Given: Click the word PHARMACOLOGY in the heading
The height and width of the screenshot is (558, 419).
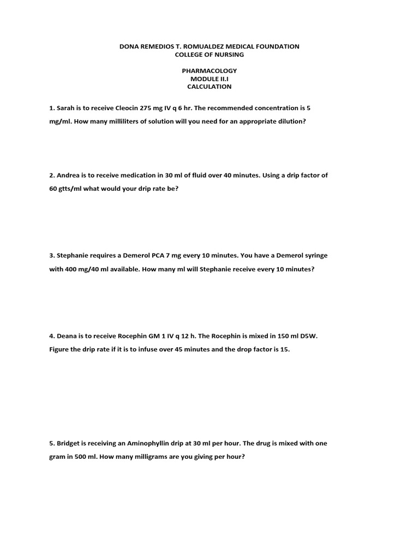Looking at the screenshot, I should point(209,71).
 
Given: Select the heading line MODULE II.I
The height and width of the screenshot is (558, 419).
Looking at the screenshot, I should point(209,78).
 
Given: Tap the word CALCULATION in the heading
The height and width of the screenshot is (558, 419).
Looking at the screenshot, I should point(209,87).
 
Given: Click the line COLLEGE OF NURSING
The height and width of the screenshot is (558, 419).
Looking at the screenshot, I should point(209,54).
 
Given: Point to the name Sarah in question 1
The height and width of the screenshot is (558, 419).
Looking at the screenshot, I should point(65,108).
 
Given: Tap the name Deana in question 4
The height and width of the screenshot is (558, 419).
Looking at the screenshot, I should point(67,336).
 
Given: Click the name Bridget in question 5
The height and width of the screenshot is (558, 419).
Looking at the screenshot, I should point(68,443).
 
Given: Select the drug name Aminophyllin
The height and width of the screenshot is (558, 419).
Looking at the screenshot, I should point(151,443).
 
